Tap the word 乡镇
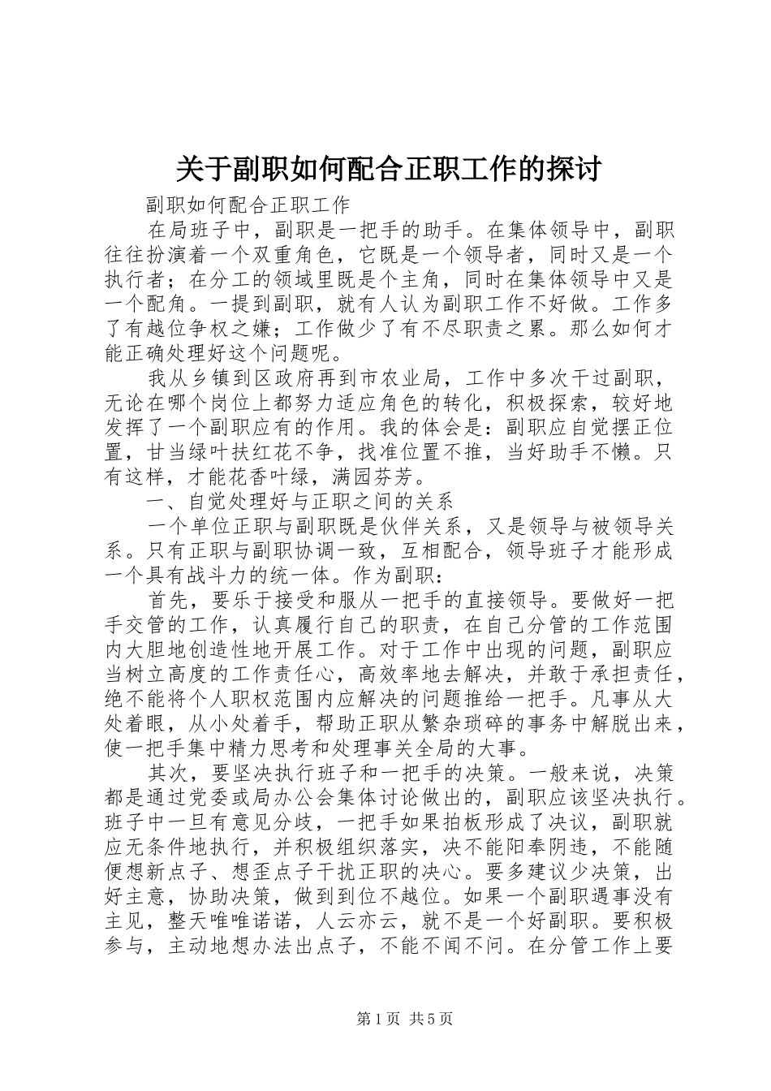pyautogui.click(x=220, y=378)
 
